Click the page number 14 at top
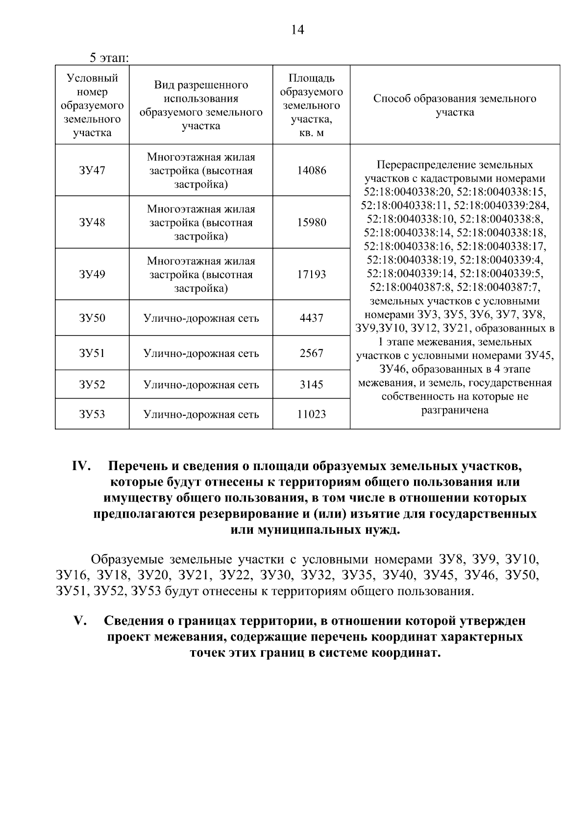click(297, 30)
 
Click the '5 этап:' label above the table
click(109, 58)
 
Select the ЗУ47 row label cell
click(92, 171)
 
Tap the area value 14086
click(311, 171)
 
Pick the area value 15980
click(311, 223)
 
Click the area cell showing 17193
click(311, 274)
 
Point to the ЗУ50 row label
click(92, 318)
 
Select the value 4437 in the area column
click(311, 318)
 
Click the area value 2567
click(311, 353)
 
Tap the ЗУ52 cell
click(92, 385)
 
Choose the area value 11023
click(311, 414)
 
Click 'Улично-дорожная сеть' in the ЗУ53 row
click(201, 414)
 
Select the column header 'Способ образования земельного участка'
click(455, 105)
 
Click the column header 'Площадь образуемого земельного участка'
click(311, 105)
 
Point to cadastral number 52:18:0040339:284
click(502, 205)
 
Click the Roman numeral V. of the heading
click(80, 621)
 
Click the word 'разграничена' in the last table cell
click(455, 410)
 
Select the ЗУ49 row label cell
click(92, 274)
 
